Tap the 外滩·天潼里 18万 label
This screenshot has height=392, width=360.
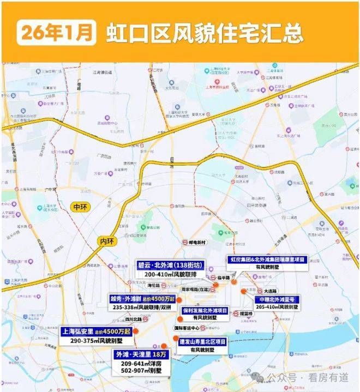coord(139,354)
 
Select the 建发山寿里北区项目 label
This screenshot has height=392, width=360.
coord(203,341)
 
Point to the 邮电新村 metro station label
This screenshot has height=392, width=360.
coord(195,242)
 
